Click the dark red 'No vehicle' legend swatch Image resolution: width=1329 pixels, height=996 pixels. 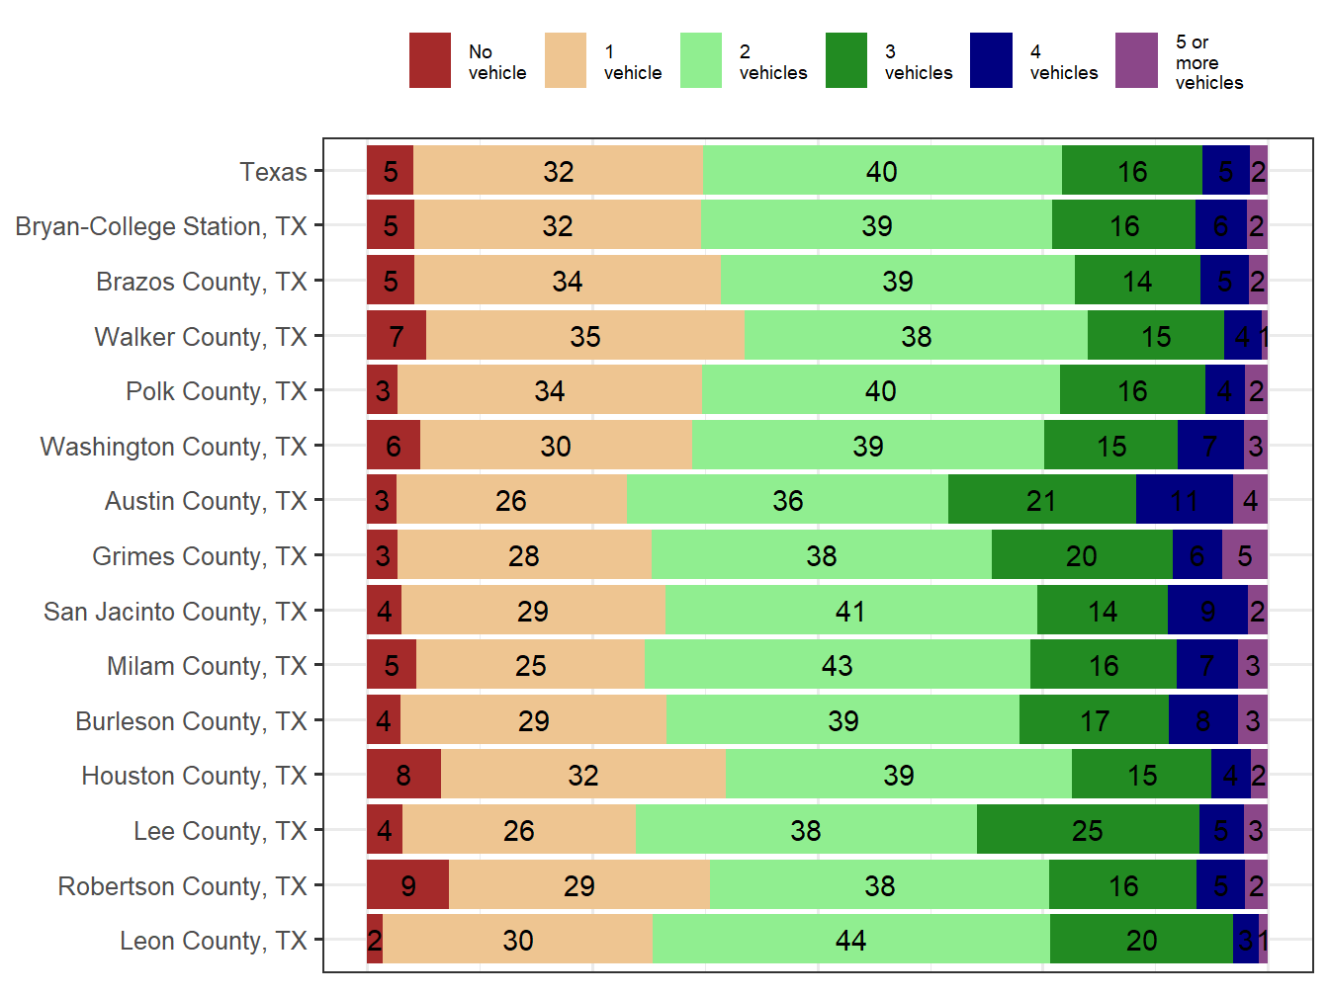click(429, 60)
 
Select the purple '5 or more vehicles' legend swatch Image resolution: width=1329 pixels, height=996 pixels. click(1136, 60)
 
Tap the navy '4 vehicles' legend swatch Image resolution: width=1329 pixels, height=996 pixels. click(991, 60)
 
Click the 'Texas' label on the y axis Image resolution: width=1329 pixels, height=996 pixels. click(273, 172)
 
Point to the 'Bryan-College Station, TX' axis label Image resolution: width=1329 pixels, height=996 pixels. click(161, 226)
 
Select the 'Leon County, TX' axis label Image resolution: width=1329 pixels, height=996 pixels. click(213, 941)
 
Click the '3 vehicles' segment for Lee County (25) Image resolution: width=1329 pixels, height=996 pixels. click(1088, 830)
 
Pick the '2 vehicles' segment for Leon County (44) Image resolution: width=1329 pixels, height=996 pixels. click(850, 940)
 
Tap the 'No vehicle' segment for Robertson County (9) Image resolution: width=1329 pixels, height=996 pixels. click(407, 885)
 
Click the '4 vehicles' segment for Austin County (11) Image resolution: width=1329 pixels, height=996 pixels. click(1184, 501)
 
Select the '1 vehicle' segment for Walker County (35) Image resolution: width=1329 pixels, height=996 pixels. click(585, 336)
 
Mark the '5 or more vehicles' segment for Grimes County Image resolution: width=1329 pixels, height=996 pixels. click(1245, 555)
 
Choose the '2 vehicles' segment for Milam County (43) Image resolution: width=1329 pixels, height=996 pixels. click(837, 665)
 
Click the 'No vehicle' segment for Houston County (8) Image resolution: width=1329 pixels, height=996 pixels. click(403, 775)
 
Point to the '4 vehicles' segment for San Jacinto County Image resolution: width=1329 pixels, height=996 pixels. click(1207, 611)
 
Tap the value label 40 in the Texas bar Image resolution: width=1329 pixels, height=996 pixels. click(881, 172)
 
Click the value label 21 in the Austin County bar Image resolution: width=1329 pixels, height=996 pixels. click(1041, 501)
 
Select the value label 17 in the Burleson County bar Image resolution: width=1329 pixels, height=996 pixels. click(1095, 721)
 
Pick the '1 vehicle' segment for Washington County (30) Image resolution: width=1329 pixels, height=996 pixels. click(556, 446)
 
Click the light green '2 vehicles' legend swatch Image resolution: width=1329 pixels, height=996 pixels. click(700, 60)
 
